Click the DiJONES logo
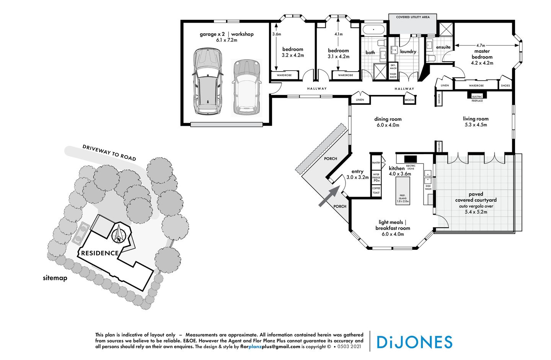click(414, 342)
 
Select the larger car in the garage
click(207, 81)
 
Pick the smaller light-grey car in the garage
click(246, 87)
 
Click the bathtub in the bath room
click(373, 30)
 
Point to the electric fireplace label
click(477, 98)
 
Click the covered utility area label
click(412, 17)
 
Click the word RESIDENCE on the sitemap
click(100, 253)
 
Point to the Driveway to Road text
click(109, 153)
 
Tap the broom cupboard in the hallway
click(409, 100)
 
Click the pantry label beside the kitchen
click(376, 163)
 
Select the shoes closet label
click(505, 86)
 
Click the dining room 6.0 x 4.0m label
click(388, 122)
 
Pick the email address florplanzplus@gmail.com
click(270, 347)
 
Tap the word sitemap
click(55, 278)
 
